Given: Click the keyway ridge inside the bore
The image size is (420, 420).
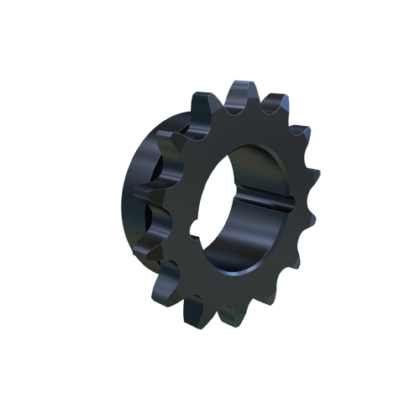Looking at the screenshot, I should pos(252,202).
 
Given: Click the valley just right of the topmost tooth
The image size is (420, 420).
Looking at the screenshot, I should pos(261,108).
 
